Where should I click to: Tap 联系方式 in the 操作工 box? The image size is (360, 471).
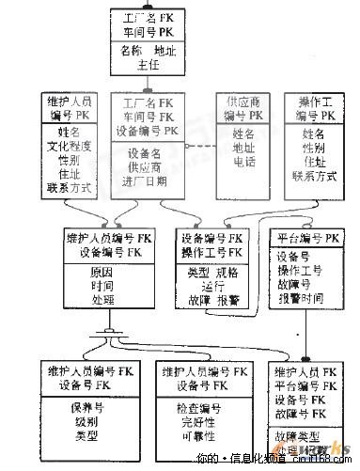tap(315, 175)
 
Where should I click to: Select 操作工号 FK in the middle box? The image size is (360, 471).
tap(211, 252)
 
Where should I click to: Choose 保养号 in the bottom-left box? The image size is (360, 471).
tap(85, 408)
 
